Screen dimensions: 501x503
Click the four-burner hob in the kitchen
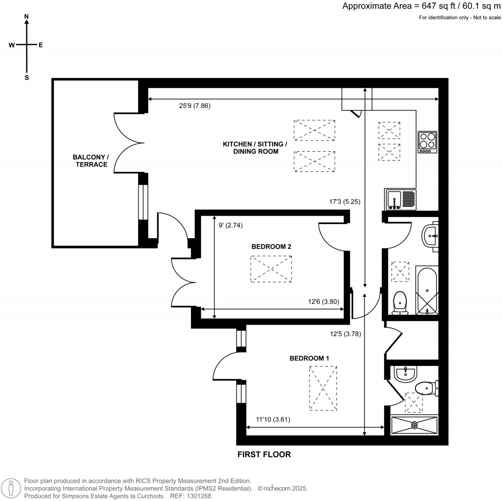[427, 142]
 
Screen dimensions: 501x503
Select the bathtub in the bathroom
[427, 291]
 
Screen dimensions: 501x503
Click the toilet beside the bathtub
[401, 302]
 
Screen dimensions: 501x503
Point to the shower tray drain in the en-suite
[414, 424]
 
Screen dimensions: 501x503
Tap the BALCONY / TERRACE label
[91, 161]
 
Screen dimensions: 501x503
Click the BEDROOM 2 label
[271, 247]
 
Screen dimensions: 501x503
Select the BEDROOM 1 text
[309, 359]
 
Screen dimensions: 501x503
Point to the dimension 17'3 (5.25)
[346, 201]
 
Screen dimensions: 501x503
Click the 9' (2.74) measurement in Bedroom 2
[230, 225]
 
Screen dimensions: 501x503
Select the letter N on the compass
[27, 17]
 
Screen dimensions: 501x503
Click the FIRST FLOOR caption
[264, 455]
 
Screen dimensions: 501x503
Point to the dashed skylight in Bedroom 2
[271, 269]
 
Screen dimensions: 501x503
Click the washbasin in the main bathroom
[431, 236]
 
